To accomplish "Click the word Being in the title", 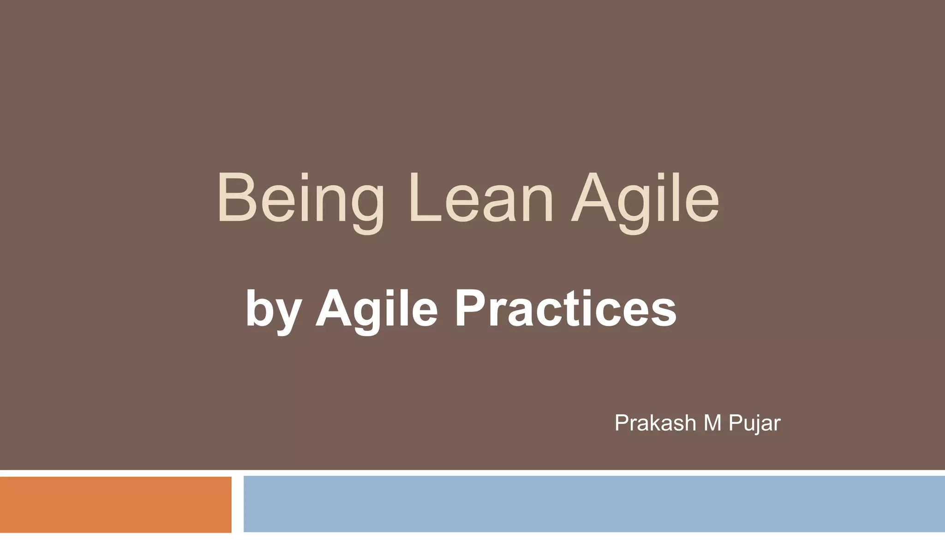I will click(300, 198).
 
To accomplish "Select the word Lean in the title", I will click(480, 198).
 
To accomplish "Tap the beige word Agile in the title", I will click(645, 198).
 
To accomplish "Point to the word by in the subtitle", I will click(274, 309).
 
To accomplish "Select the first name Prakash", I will click(656, 423).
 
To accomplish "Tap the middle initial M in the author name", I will click(712, 423).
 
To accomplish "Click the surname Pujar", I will click(754, 423).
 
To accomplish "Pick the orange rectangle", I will click(115, 504).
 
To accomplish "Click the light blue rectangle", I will click(594, 504).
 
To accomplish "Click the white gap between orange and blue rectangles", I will click(238, 504).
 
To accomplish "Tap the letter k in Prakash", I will click(655, 423).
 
